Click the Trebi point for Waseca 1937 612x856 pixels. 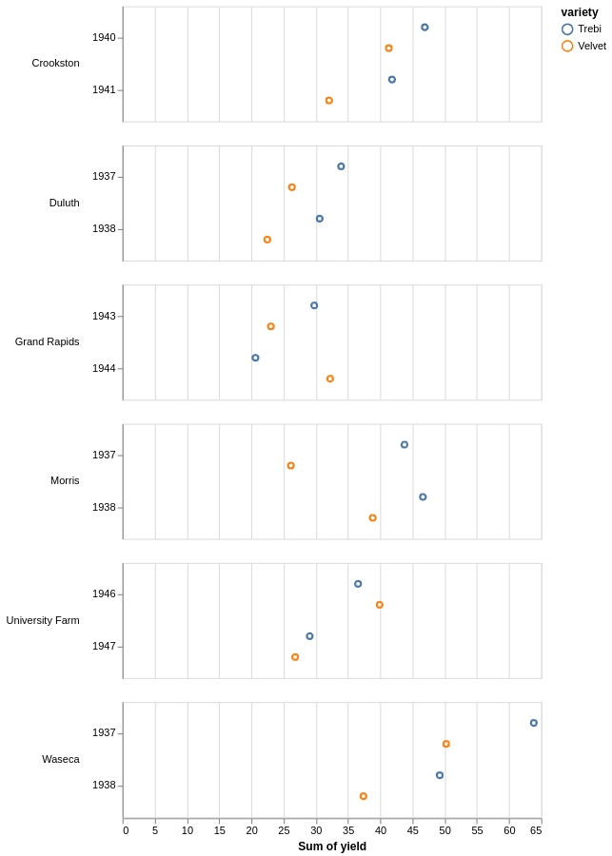coord(534,723)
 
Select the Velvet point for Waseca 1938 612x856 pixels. coord(364,796)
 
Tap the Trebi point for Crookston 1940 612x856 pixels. coord(424,28)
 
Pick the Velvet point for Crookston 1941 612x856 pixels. coord(329,101)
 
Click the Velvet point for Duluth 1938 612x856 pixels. coord(267,240)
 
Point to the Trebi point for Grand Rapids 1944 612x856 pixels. coord(255,358)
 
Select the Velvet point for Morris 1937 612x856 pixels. coord(291,466)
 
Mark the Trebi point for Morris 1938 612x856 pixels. coord(423,496)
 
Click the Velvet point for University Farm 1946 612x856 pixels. coord(380,605)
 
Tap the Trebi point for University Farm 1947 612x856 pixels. coord(309,636)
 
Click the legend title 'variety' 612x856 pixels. coord(579,12)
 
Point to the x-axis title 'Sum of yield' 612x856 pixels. coord(332,846)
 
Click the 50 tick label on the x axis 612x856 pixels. coord(444,830)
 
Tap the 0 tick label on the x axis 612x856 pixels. coord(126,830)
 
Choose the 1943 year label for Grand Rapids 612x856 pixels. coord(104,316)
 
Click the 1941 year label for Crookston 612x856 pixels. coord(104,89)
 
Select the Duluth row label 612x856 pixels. coord(64,203)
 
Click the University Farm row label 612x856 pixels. coord(43,620)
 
